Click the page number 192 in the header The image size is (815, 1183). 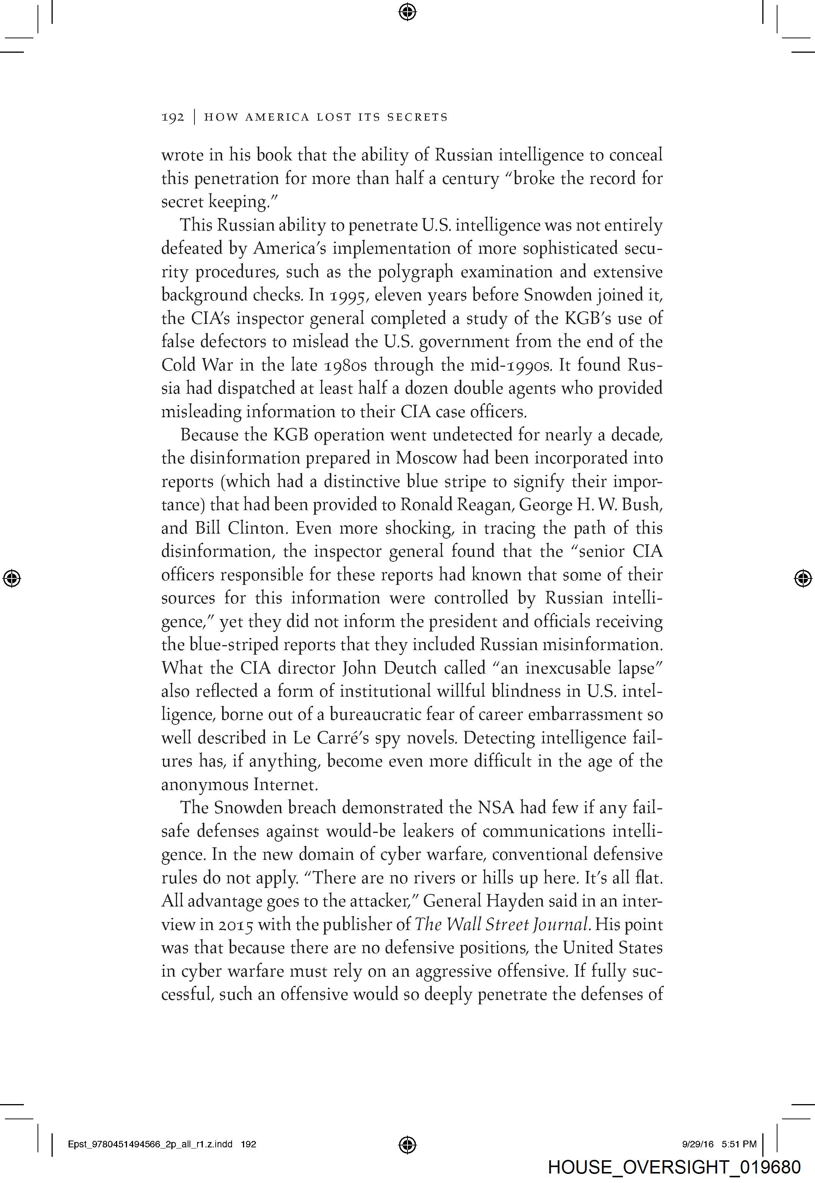(172, 118)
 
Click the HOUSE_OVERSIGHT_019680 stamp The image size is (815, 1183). (674, 1167)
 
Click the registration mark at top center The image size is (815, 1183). (407, 11)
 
